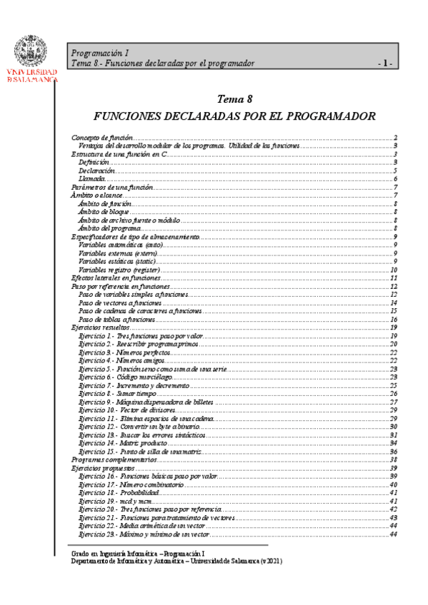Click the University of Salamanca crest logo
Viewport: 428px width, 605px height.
pos(32,50)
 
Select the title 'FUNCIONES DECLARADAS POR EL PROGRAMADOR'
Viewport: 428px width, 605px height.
pos(235,116)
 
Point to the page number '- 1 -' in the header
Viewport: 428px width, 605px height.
pos(387,63)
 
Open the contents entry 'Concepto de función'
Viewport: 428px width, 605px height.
pos(101,138)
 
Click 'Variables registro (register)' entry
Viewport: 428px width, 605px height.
pos(124,270)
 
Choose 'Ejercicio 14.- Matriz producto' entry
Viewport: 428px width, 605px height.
pos(123,443)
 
